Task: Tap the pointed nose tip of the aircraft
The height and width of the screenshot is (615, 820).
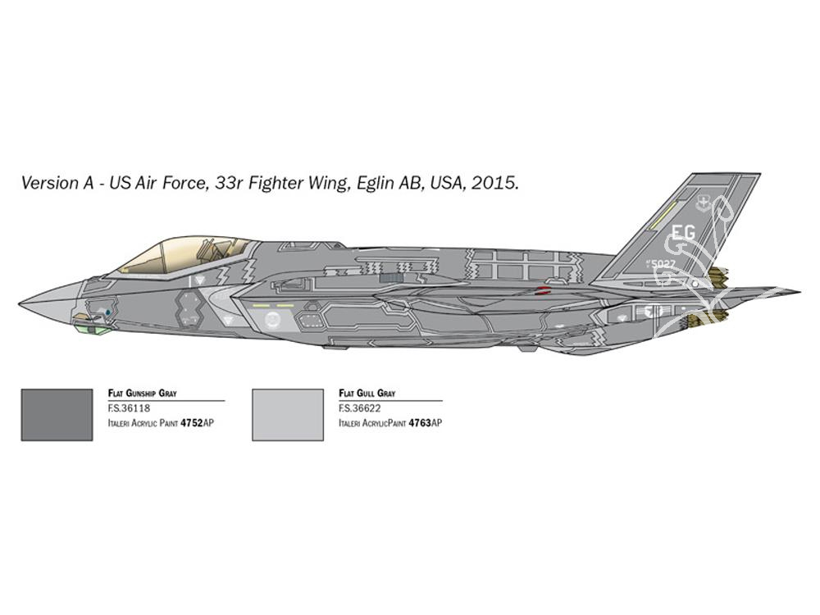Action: [x=20, y=303]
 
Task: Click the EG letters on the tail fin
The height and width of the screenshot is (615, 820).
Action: [x=684, y=232]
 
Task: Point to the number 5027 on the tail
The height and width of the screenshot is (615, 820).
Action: [x=664, y=264]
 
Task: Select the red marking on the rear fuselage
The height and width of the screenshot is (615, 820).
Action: [x=544, y=290]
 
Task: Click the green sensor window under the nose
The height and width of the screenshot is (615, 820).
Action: [x=89, y=328]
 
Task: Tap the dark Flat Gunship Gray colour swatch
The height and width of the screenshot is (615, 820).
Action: [x=57, y=415]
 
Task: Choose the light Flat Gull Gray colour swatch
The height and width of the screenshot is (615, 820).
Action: [x=288, y=415]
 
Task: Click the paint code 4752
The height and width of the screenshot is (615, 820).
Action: [x=191, y=423]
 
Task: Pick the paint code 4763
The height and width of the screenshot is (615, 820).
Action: [x=420, y=423]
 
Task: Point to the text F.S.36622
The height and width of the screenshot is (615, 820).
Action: [x=360, y=408]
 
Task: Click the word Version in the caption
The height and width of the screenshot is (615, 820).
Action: [x=50, y=183]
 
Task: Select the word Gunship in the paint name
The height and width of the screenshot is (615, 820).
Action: [x=141, y=394]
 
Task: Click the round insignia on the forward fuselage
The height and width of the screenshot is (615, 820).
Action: [x=272, y=318]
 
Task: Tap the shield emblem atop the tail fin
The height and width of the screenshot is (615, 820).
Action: [x=704, y=202]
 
